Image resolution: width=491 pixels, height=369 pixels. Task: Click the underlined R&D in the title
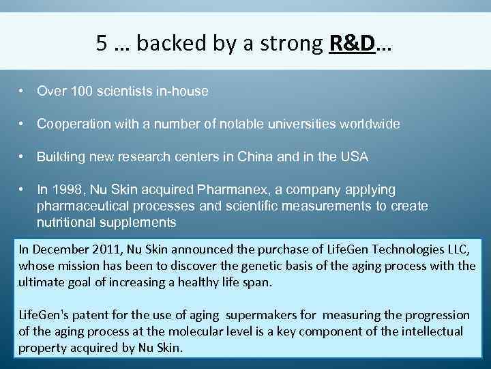[352, 44]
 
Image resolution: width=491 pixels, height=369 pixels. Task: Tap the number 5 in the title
[102, 44]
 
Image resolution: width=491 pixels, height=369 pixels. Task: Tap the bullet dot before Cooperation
[23, 124]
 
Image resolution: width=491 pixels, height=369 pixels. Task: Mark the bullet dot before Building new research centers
[23, 157]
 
